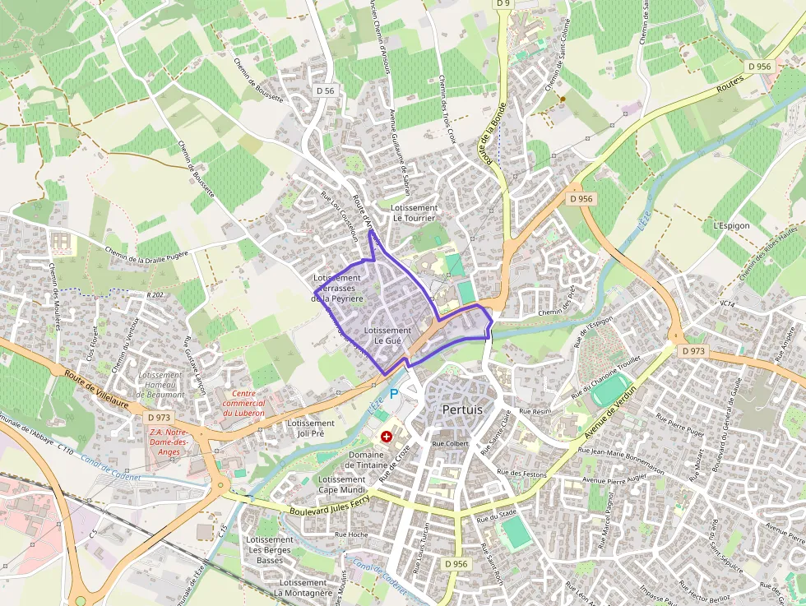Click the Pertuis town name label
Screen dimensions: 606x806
[x=462, y=409]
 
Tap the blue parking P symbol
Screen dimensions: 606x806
[x=393, y=394]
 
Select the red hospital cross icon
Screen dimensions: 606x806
[x=386, y=437]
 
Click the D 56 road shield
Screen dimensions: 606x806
[x=324, y=90]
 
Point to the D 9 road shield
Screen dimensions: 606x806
[x=503, y=3]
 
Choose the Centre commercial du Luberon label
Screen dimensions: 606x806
[x=243, y=403]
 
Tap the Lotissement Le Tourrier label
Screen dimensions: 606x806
[x=415, y=213]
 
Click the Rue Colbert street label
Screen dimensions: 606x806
[x=450, y=444]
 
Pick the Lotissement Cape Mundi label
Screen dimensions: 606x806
[x=341, y=484]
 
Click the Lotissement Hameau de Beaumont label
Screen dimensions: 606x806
[x=161, y=385]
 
